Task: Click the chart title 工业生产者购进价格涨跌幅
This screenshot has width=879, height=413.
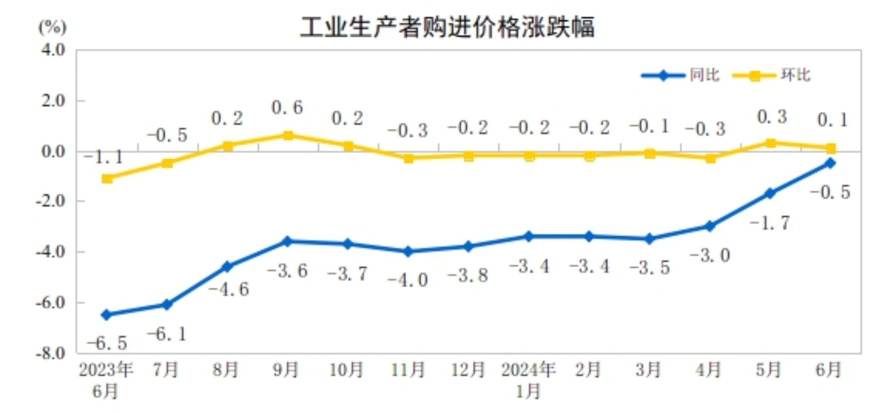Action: tap(447, 27)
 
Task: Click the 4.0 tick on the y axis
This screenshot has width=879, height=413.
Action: tap(53, 50)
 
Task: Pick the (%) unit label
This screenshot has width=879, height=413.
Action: tap(52, 26)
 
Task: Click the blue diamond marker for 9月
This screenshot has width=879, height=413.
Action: tap(288, 242)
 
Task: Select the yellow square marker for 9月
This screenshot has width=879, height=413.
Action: tap(288, 136)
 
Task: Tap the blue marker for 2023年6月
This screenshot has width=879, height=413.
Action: tap(106, 315)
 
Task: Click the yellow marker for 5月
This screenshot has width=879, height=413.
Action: tap(771, 143)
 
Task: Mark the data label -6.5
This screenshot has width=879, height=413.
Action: tap(107, 343)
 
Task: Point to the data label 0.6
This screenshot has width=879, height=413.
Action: tap(287, 107)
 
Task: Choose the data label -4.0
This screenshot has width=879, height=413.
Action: tap(408, 280)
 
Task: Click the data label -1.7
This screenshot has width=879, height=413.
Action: tap(770, 223)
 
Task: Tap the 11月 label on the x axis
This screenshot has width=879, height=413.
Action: tap(408, 370)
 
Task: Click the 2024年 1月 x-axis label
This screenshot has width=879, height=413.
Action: tap(528, 380)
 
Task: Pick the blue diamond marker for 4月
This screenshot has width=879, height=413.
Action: tap(710, 226)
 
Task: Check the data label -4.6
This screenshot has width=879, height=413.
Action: tap(228, 289)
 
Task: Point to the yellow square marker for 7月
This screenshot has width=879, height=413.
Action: tap(167, 163)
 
